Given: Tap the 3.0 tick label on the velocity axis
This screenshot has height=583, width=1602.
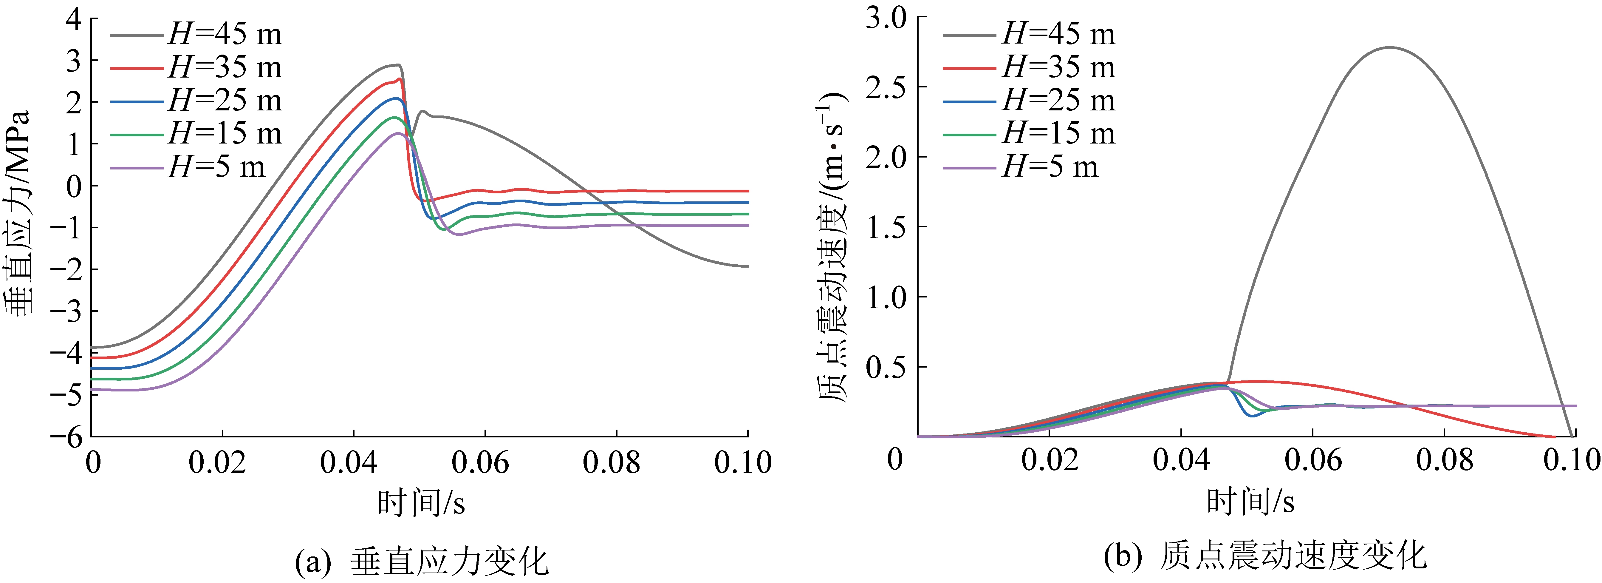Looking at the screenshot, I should coord(886,19).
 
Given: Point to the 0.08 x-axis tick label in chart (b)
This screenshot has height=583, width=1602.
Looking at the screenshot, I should coord(1444,460).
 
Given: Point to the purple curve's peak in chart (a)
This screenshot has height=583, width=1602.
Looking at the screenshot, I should coord(397,133).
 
